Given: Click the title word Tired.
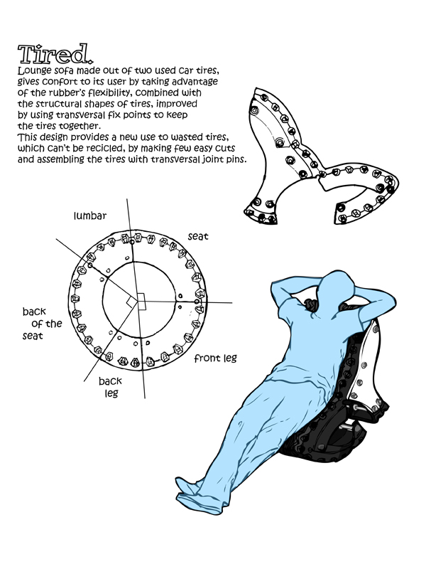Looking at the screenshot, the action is coord(55,55).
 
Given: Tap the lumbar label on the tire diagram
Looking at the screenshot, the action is coord(90,216).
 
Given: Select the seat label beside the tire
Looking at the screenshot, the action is coord(198,237).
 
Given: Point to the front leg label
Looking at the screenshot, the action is coord(216,359).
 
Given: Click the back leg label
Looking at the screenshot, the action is coord(111,387).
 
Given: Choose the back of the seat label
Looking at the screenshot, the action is coord(42,324).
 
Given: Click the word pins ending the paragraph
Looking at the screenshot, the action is coord(236,159).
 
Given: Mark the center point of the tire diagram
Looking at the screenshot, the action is coord(137,301).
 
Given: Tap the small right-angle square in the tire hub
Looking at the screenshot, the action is coord(141,301).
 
